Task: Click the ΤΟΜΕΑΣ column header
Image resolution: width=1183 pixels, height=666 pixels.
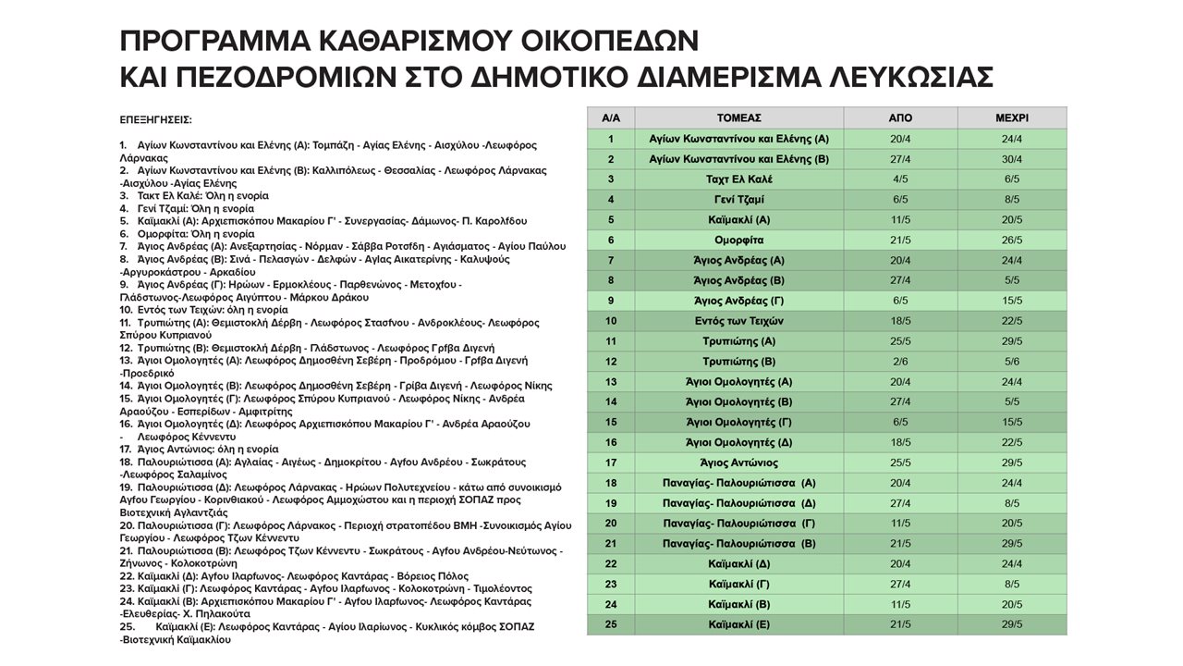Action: (x=738, y=118)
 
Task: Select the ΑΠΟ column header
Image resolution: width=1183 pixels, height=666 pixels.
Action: (x=900, y=118)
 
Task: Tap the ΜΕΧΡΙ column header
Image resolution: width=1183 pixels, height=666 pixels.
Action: (x=1012, y=118)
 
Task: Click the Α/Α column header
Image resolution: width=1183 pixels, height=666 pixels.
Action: (x=611, y=118)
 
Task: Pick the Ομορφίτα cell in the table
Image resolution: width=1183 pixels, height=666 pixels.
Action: (x=738, y=240)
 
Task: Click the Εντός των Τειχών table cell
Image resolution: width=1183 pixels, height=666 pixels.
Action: (x=738, y=321)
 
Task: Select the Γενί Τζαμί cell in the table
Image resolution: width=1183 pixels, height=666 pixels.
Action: (x=738, y=200)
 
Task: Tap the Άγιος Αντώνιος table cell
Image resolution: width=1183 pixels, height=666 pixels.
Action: (x=738, y=462)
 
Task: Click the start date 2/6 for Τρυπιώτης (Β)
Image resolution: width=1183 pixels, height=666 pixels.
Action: (x=900, y=362)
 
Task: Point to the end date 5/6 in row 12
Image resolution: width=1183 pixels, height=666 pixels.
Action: (x=1012, y=362)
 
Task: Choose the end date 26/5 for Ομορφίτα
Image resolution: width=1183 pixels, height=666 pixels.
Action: (x=1012, y=240)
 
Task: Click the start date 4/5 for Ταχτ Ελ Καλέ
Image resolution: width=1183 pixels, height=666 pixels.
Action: (x=900, y=179)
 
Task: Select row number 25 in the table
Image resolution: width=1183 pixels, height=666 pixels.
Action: (x=611, y=624)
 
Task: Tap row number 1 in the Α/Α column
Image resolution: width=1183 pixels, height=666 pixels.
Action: (x=611, y=140)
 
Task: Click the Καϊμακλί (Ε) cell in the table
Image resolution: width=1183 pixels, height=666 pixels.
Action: (x=738, y=624)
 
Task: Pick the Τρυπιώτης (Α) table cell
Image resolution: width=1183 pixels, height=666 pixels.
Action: (x=738, y=341)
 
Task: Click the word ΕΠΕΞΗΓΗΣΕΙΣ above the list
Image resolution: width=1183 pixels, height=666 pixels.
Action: (x=155, y=121)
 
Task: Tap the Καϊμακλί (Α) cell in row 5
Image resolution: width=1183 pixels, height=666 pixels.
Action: (x=738, y=220)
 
